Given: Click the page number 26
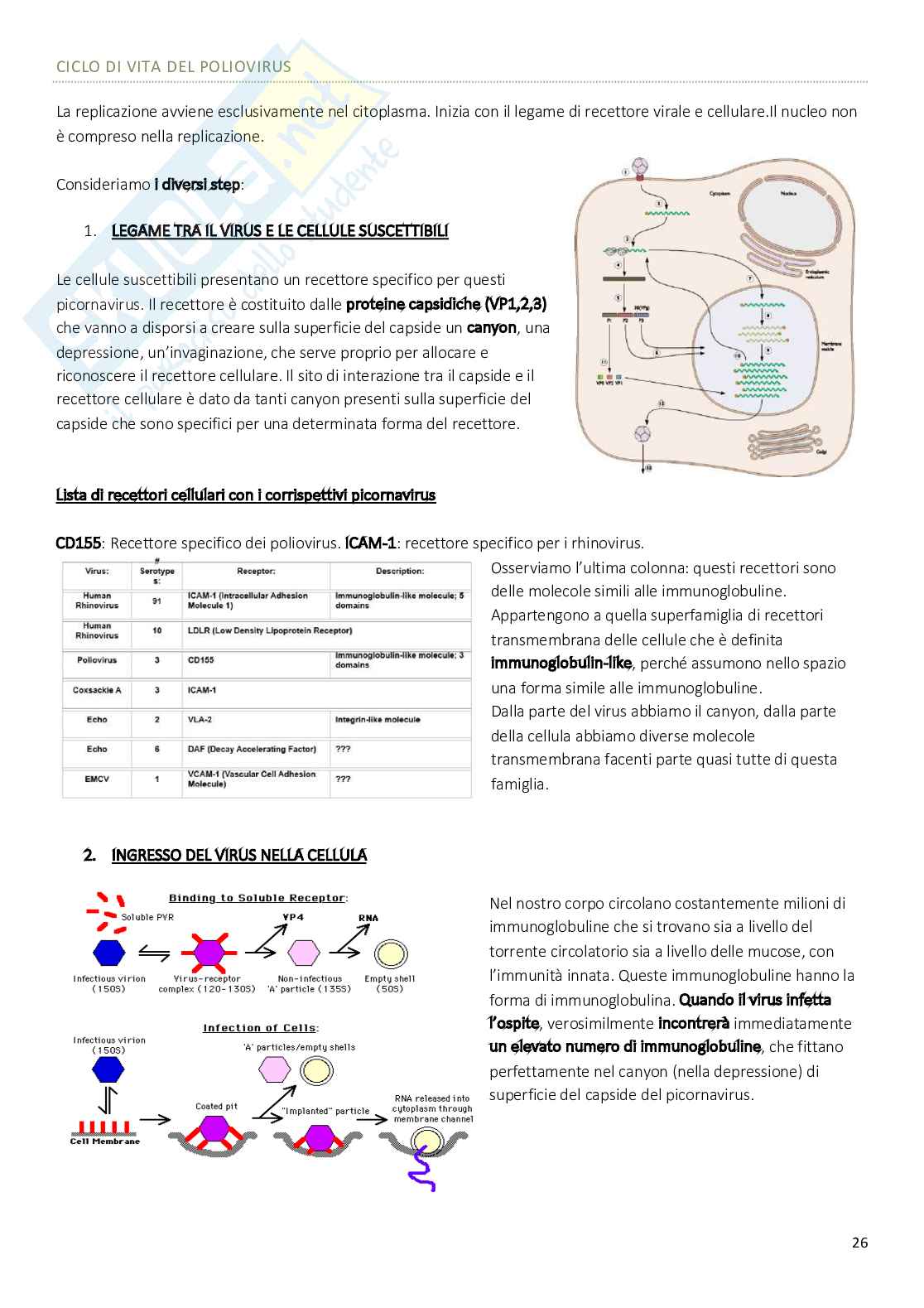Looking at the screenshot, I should (859, 1243).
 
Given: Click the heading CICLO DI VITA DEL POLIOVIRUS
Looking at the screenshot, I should (174, 66).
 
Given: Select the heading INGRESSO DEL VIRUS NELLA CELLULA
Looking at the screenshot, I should (238, 855).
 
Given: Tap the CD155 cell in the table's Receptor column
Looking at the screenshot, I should (201, 660).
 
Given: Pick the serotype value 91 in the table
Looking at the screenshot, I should (156, 601).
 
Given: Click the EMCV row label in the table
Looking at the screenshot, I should (97, 779).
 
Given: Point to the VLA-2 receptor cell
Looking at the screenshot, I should (200, 720).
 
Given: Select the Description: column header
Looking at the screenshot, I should (399, 571).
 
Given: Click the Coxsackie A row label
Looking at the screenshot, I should (97, 690).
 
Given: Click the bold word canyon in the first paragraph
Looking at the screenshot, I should (492, 327).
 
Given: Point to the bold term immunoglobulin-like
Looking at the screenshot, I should (561, 664).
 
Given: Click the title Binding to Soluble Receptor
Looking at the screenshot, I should (257, 898).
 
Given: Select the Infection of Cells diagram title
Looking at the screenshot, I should (261, 1028).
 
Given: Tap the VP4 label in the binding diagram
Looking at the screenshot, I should (293, 917).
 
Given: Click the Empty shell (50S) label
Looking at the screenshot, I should (390, 983).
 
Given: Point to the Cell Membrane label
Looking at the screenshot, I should (105, 1141).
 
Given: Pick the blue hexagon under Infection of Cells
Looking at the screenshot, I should (108, 1069).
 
